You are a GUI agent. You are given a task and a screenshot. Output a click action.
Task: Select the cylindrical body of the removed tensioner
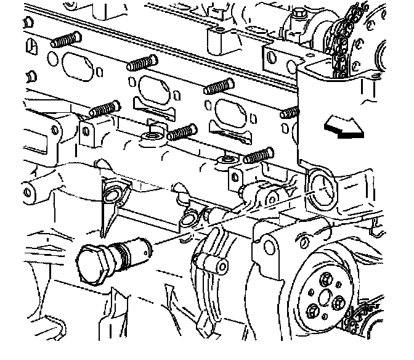(x=127, y=252)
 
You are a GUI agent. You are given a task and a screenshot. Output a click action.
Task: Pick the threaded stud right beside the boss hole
(x=181, y=132)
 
